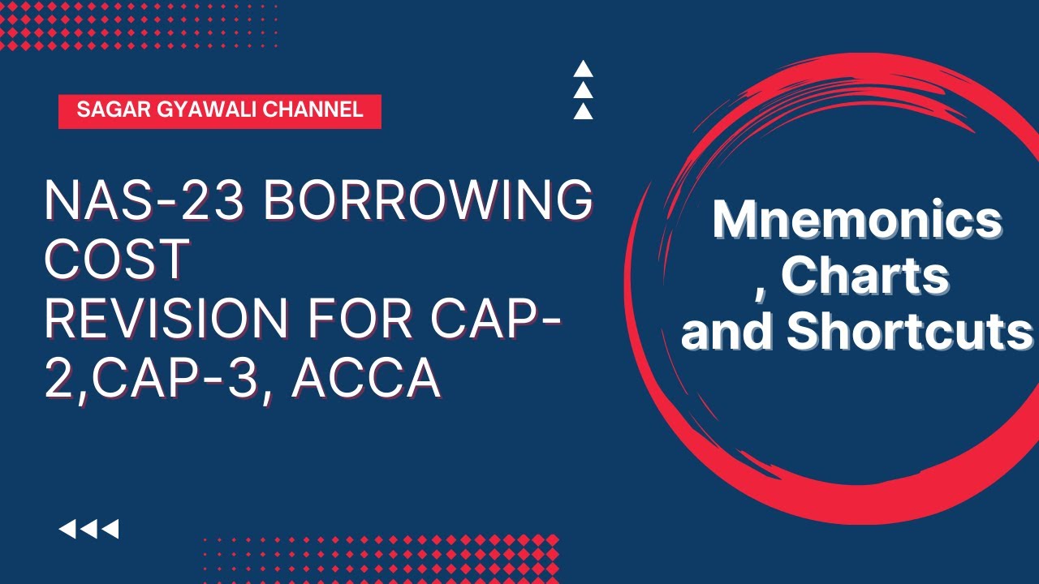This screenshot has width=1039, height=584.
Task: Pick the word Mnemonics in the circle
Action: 856,220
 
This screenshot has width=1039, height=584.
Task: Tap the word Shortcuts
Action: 910,332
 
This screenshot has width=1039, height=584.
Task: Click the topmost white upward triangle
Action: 583,69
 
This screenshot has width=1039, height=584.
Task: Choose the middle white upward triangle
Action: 583,90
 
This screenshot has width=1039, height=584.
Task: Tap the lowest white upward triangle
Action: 583,111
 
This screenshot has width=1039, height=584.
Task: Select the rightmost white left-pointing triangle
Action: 110,530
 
